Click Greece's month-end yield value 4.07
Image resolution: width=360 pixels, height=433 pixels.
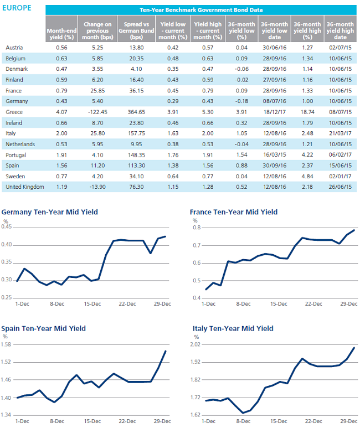(61, 112)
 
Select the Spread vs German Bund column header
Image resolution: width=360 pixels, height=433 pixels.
(136, 30)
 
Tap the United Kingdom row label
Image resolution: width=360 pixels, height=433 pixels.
(25, 187)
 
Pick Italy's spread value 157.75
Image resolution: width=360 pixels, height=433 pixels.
(136, 133)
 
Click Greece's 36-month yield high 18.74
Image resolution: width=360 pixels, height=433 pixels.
(307, 112)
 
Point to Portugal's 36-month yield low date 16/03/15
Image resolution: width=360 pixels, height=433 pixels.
(274, 155)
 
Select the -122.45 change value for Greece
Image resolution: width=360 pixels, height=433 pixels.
(97, 112)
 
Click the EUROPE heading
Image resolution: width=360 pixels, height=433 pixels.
(17, 8)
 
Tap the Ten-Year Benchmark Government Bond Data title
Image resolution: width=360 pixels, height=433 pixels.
(201, 10)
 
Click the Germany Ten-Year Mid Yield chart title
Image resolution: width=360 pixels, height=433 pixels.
(50, 212)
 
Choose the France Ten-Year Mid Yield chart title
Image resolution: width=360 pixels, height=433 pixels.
(234, 212)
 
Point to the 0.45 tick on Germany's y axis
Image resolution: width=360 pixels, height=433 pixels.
(7, 226)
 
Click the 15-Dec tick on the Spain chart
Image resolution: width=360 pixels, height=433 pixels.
(92, 421)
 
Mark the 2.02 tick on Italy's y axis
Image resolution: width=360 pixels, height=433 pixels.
(196, 344)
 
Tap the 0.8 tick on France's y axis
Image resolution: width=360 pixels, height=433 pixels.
(197, 228)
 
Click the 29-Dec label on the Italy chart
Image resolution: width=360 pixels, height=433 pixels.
(349, 421)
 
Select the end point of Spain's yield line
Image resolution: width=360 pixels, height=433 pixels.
(166, 351)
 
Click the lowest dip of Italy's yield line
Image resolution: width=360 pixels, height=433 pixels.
(243, 413)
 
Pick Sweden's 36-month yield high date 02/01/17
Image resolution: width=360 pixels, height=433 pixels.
(340, 177)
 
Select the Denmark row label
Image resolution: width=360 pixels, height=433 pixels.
(17, 69)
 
